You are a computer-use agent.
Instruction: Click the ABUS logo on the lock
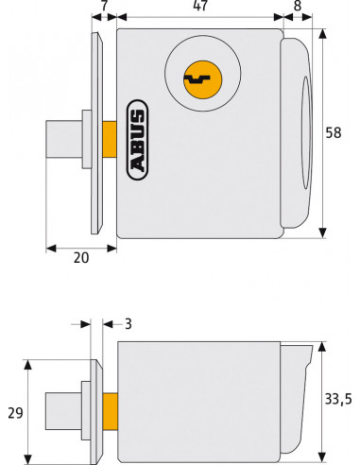137,142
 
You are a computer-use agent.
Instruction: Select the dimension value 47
200,8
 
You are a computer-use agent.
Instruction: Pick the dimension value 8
298,8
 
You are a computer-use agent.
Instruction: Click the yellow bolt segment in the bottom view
110,408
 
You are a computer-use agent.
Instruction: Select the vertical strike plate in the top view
96,132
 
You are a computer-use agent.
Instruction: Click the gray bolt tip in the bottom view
62,408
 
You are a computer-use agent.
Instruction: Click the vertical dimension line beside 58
323,133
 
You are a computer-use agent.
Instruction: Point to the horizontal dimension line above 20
81,247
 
